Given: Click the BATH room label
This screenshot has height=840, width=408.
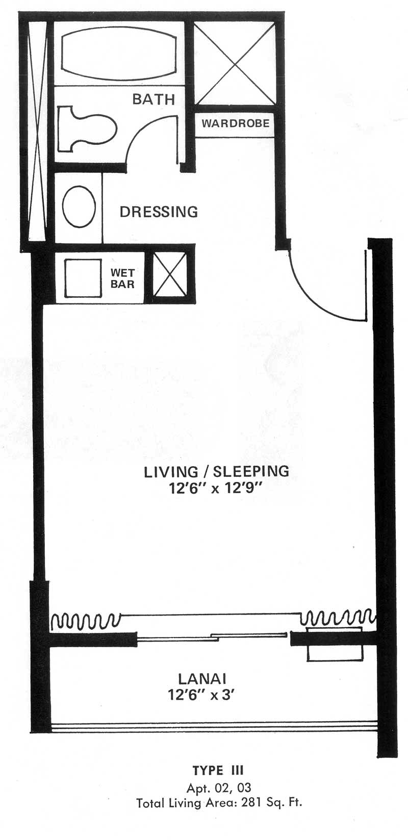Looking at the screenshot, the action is pos(154,99).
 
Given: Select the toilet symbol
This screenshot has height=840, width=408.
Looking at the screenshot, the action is pos(87,129).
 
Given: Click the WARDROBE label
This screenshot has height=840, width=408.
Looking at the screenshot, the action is pos(236,123).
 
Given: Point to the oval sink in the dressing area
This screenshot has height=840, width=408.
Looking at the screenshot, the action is pos(79,207).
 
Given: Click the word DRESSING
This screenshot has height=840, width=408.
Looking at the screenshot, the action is pos(159,212).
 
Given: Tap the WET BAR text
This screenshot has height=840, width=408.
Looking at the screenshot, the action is pos(122,278).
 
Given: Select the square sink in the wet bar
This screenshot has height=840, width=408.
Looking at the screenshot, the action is pos(83,278).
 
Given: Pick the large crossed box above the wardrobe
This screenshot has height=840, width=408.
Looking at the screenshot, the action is pos(235,64).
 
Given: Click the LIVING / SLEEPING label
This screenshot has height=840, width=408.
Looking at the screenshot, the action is pos(216,471).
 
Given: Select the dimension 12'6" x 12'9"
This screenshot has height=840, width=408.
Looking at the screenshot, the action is pos(215,489).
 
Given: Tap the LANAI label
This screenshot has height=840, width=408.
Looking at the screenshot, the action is pos(202,678).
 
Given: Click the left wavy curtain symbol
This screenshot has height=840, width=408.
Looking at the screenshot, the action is pos(86,621).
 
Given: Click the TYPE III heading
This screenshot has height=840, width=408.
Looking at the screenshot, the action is pos(218,770).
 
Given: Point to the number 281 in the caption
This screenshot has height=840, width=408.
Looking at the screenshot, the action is pos(250,803).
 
